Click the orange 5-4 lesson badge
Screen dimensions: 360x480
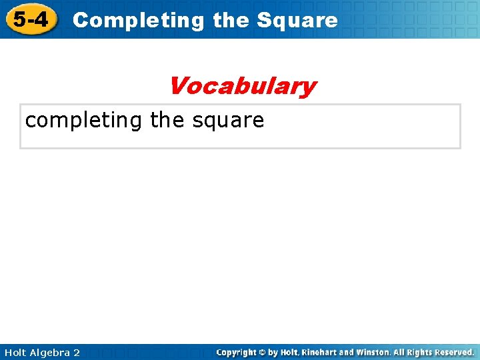(x=31, y=19)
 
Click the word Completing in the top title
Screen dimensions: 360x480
(x=139, y=21)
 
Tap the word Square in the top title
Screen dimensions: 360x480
(x=297, y=21)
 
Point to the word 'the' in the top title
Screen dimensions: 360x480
(x=231, y=21)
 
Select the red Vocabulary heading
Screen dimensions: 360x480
(x=242, y=86)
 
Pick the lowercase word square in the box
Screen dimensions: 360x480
(x=228, y=121)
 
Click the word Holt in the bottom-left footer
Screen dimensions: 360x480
(x=15, y=353)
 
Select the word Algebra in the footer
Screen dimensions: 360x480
(x=51, y=353)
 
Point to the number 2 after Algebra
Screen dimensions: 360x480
(x=77, y=353)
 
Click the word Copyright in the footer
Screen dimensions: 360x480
(x=239, y=352)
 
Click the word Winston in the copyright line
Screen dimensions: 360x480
(x=376, y=352)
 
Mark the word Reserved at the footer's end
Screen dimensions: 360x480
(x=453, y=352)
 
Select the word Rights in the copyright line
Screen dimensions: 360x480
(x=419, y=352)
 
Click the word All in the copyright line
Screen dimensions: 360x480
(x=401, y=352)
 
